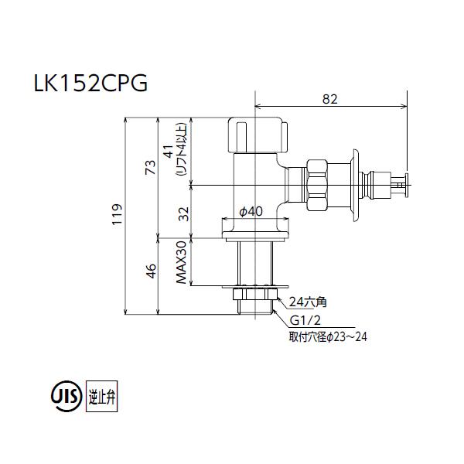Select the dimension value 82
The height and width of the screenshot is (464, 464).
pyautogui.click(x=330, y=98)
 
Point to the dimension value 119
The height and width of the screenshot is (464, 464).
pyautogui.click(x=116, y=215)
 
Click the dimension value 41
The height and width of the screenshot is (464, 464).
pyautogui.click(x=169, y=152)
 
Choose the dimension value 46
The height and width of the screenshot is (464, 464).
pyautogui.click(x=151, y=271)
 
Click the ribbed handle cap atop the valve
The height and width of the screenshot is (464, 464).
pyautogui.click(x=258, y=136)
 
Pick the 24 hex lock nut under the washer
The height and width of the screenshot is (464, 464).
pyautogui.click(x=255, y=295)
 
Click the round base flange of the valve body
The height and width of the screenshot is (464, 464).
pyautogui.click(x=258, y=230)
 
